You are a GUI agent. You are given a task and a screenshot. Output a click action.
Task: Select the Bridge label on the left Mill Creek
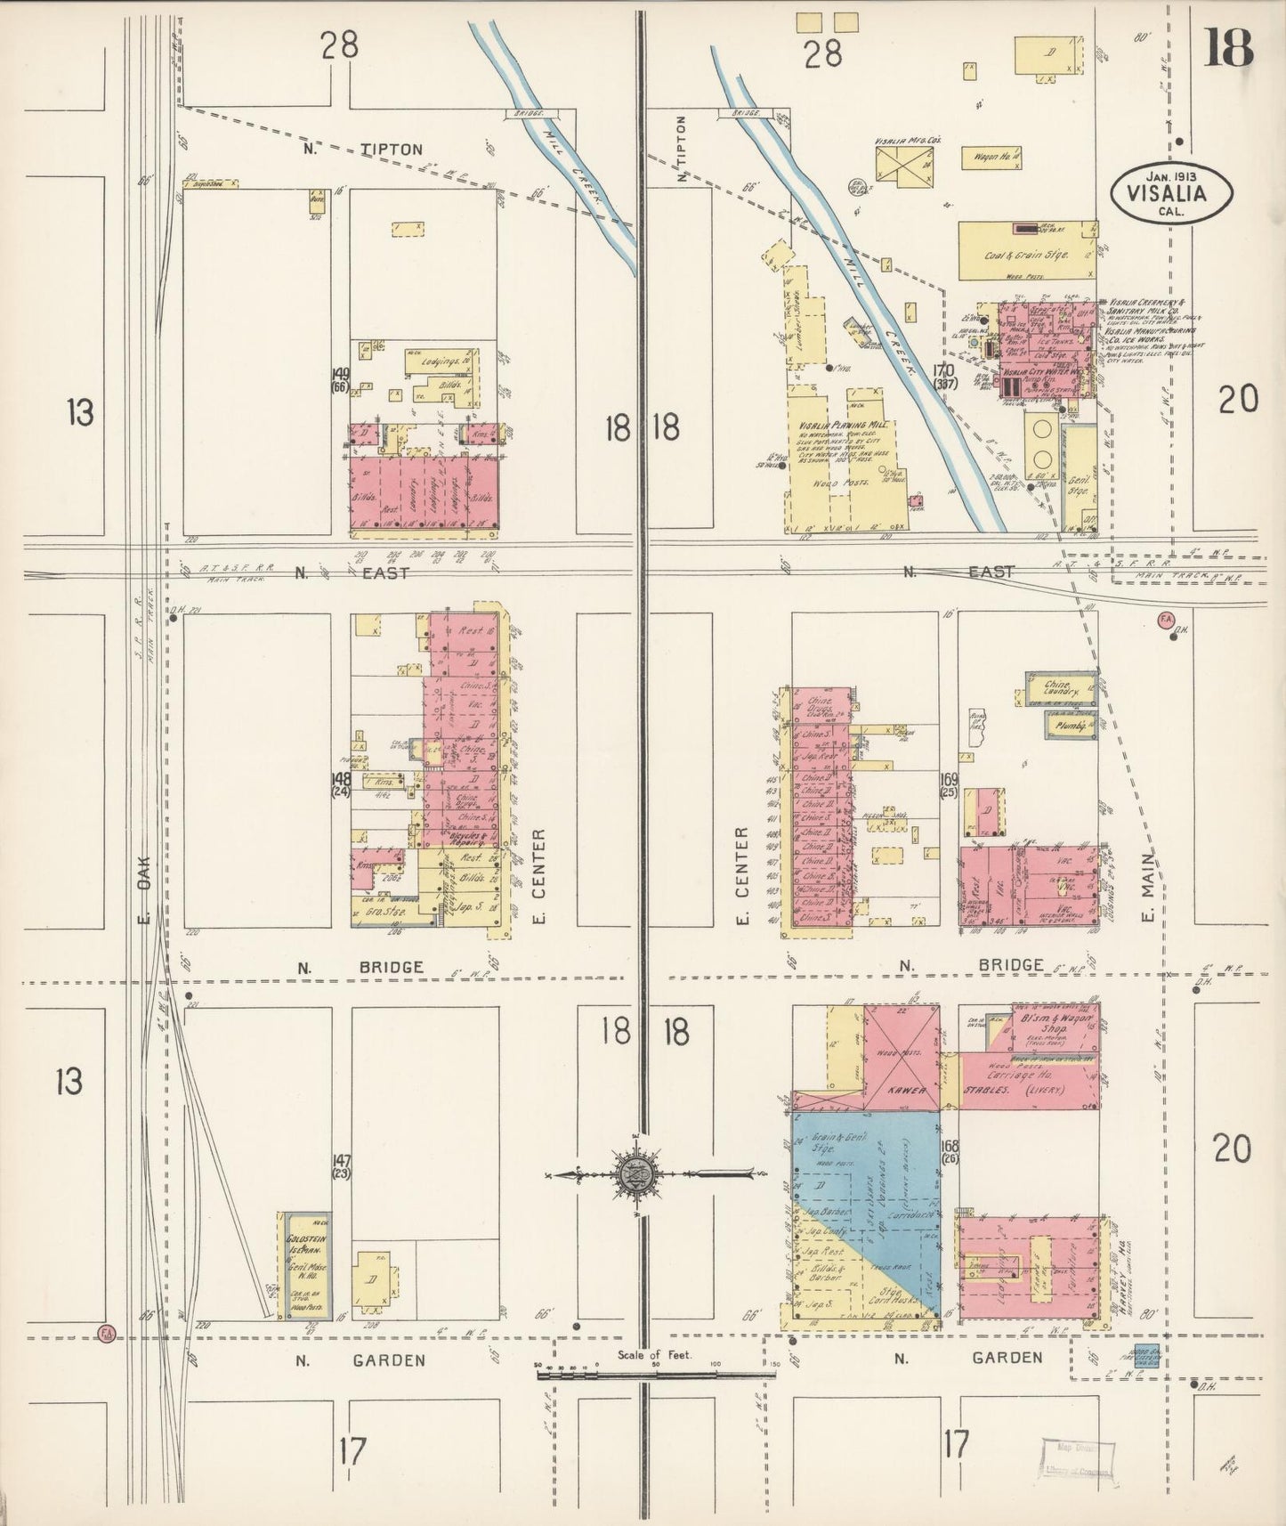[x=530, y=114]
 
